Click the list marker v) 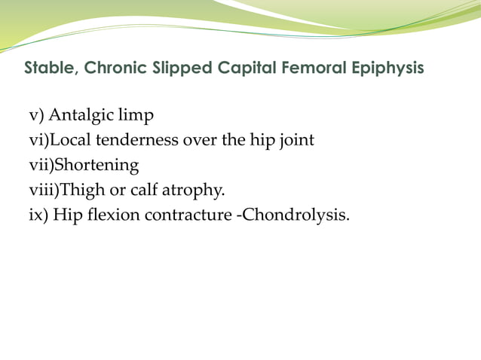pos(37,116)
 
